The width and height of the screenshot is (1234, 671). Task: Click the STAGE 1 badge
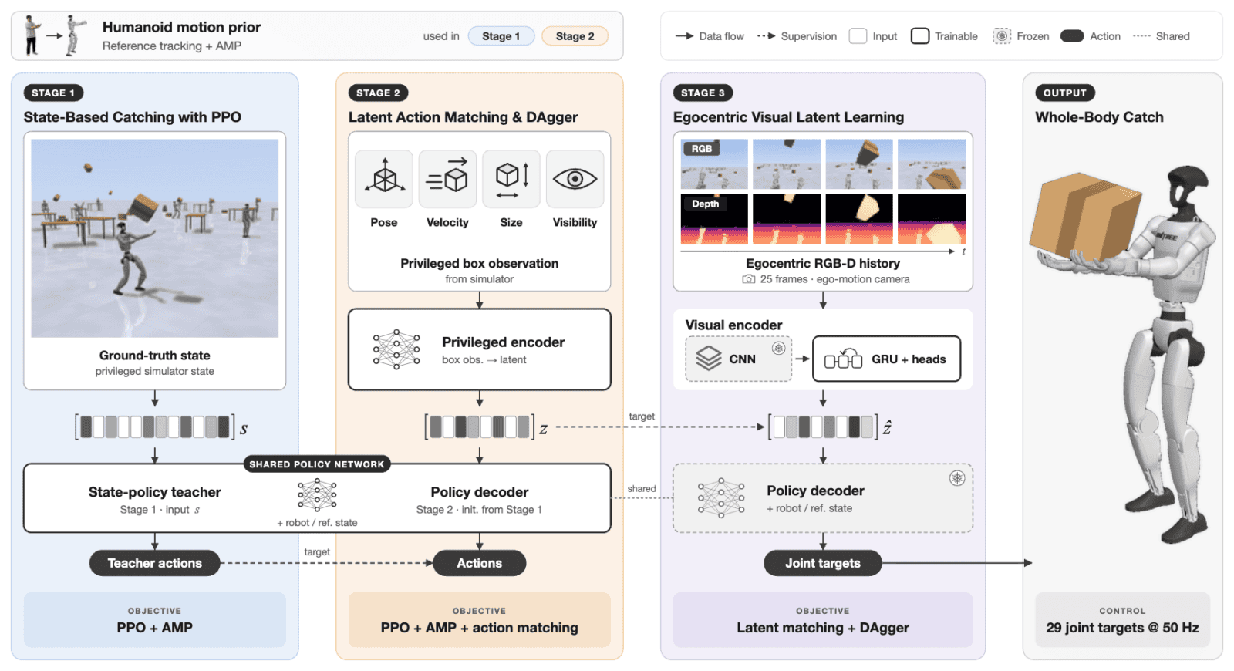pos(53,93)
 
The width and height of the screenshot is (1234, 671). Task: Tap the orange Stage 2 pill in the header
pos(575,36)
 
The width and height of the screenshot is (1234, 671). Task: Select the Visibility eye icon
pos(575,178)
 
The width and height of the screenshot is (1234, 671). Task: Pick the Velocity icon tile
pos(447,178)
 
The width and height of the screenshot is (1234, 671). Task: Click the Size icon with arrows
pos(511,178)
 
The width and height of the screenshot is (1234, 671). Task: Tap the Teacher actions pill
pos(155,563)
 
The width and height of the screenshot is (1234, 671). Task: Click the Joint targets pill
pos(822,563)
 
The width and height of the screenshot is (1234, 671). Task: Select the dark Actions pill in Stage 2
pos(479,563)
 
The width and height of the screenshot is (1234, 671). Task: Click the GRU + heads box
pos(886,359)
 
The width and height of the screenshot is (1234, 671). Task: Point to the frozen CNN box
pos(738,359)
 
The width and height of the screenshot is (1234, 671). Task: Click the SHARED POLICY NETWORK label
pos(317,464)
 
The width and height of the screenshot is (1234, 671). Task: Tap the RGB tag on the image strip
pos(701,149)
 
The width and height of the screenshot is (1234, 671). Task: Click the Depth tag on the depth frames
pos(705,204)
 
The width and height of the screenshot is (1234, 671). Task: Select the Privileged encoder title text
pos(503,342)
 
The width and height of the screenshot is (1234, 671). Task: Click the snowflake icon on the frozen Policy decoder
pos(957,478)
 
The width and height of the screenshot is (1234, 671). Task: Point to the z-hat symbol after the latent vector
pos(887,427)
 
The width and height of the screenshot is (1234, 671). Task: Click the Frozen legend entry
pos(1021,36)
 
